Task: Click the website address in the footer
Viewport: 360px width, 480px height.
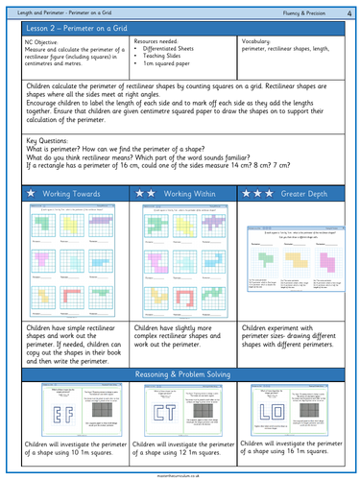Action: (x=180, y=472)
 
